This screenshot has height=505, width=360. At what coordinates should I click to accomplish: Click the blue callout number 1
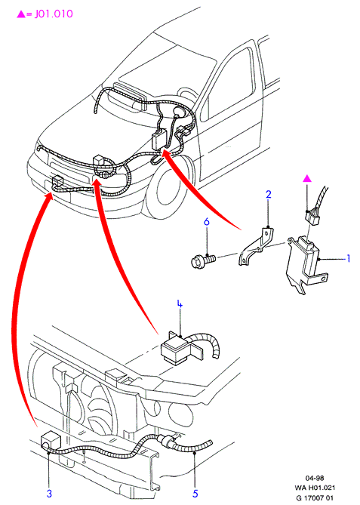point(348,258)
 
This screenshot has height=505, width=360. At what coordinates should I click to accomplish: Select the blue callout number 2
point(268,194)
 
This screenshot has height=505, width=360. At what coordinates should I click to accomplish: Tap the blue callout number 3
point(49,493)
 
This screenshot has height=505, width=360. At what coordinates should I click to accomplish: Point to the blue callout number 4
point(180,304)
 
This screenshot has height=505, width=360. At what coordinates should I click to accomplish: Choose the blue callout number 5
point(195,493)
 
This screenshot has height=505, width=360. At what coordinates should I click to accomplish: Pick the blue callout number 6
point(207,222)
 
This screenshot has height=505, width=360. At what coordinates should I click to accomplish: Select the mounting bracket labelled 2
point(257,246)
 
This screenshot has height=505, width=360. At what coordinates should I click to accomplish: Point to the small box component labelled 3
point(51,440)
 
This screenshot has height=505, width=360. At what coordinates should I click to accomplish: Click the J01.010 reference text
point(54,14)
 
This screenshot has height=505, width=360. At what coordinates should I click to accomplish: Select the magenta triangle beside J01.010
point(21,14)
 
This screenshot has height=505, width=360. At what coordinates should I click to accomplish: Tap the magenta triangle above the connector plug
point(307,178)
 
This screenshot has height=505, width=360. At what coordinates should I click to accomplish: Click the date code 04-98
point(315,478)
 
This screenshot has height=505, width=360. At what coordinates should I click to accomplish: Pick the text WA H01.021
point(315,488)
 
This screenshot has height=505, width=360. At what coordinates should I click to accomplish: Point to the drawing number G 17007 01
point(315,498)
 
